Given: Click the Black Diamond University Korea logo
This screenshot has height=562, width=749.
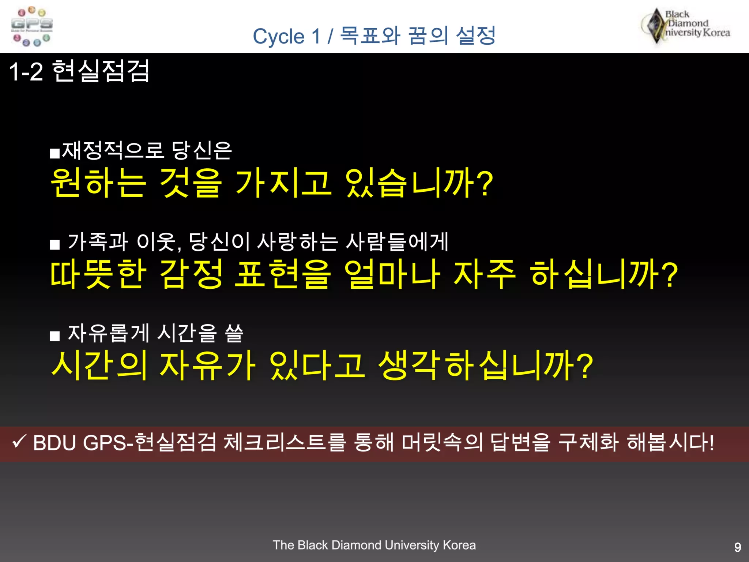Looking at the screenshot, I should pos(686,26).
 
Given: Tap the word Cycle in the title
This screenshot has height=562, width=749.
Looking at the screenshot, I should pos(278,37).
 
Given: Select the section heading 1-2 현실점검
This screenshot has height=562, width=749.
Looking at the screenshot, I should pos(79,71).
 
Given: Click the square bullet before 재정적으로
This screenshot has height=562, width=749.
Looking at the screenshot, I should pos(55,153).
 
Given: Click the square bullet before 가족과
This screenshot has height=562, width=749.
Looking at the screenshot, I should pos(55,244).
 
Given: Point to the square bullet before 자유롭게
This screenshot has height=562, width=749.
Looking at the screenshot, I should pos(55,336).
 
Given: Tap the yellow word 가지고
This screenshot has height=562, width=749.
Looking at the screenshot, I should pos(283,183).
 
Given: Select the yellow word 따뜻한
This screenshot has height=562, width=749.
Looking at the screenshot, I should pos(98,274).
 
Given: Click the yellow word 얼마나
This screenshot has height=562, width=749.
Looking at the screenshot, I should pos(392,274).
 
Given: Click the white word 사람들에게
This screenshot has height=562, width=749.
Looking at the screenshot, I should pos(397,242).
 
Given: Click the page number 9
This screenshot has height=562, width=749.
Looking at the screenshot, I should pos(738,547).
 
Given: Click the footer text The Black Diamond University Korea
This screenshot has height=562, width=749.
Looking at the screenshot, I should pos(374,545).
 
